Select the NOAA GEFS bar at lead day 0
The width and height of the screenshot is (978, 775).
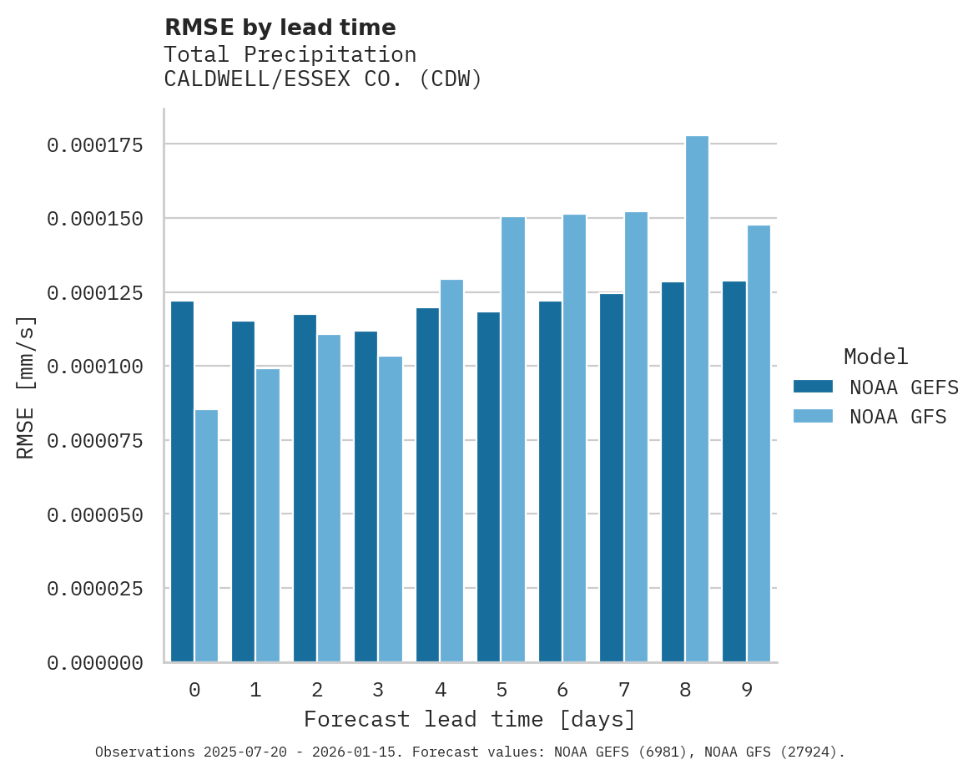point(182,482)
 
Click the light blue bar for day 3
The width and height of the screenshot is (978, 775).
point(391,509)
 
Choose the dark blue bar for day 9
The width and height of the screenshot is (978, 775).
point(734,472)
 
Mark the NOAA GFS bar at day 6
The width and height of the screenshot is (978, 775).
point(574,438)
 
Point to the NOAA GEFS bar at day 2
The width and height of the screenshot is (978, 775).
point(305,489)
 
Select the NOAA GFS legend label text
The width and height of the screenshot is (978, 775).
point(898,417)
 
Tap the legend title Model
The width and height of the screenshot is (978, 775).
point(875,357)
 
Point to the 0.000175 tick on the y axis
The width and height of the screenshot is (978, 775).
point(95,145)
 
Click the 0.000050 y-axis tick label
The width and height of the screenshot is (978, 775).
point(95,515)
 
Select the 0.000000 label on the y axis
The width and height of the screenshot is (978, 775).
point(95,663)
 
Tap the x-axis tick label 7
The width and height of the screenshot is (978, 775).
point(623,690)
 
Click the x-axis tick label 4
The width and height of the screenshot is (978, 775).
point(440,690)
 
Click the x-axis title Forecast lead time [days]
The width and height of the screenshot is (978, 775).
point(470,719)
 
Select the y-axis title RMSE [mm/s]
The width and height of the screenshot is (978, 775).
point(26,387)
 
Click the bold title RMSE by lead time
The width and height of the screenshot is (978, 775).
point(280,28)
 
